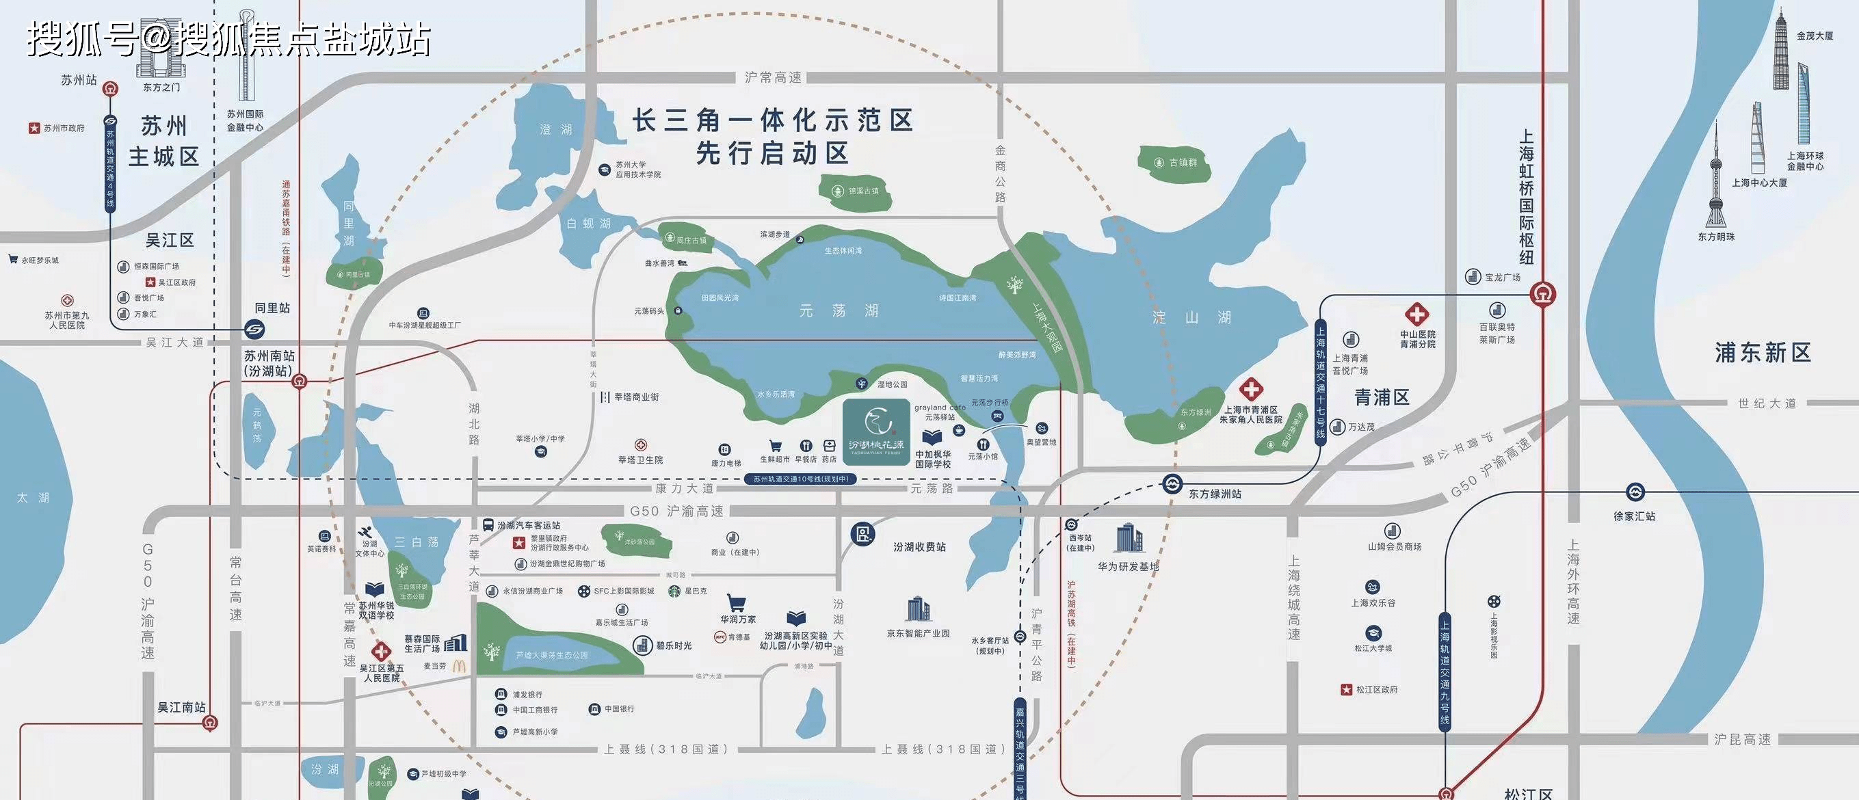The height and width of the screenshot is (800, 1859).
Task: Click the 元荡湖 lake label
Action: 838,311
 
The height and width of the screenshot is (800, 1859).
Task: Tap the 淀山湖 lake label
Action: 1191,317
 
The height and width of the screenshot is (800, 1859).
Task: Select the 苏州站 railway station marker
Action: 110,90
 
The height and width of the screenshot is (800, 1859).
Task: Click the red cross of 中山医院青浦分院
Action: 1416,315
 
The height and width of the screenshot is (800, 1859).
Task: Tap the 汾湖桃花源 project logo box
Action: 875,431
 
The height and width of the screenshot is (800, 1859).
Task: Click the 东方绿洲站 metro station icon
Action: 1173,484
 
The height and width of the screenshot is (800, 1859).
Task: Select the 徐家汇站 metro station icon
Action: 1635,493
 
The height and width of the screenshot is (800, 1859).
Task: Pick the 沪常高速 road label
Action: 773,77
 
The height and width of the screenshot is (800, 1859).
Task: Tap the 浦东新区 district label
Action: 1763,353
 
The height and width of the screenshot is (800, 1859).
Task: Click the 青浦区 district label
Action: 1382,397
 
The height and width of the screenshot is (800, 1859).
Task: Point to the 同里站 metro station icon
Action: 254,330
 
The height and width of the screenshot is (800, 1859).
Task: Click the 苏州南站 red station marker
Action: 300,382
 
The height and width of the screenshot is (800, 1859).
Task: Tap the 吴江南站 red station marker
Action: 210,723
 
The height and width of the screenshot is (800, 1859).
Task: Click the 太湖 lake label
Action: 34,498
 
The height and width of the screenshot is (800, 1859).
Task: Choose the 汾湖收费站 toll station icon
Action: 862,534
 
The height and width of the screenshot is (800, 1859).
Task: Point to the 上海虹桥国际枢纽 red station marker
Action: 1543,294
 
